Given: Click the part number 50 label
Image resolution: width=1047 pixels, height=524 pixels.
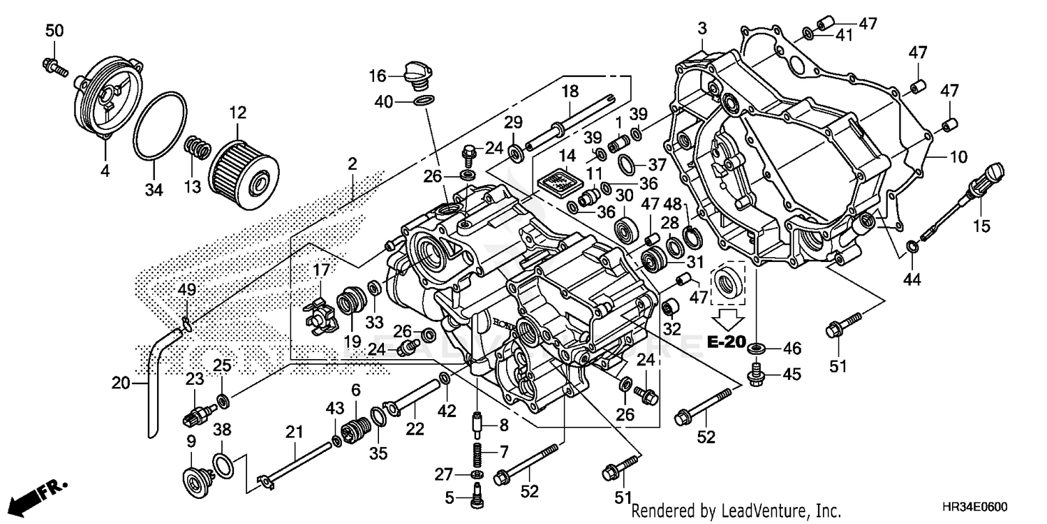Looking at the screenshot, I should click(54, 30).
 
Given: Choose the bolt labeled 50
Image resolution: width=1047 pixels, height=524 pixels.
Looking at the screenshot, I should click(57, 67).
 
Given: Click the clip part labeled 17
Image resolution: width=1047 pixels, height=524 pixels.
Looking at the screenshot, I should click(320, 316).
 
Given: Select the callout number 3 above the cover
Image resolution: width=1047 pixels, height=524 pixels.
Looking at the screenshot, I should click(702, 29).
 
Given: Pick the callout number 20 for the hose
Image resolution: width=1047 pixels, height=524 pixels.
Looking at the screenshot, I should click(121, 382).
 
